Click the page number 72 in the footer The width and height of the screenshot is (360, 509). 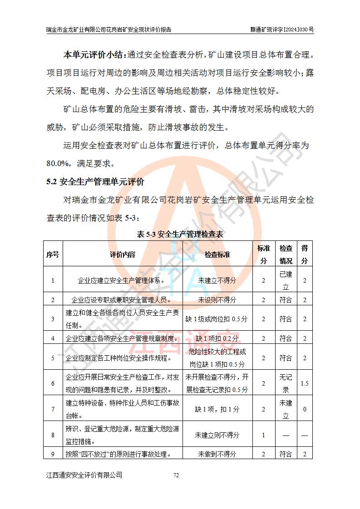click(177, 475)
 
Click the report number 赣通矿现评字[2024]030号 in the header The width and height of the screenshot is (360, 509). click(282, 29)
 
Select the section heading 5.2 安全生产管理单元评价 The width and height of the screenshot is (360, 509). click(95, 182)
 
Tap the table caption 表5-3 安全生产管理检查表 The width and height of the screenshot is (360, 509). click(180, 235)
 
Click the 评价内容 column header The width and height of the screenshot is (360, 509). click(123, 254)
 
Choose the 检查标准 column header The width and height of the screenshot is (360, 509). click(217, 254)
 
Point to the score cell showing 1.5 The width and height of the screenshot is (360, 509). click(305, 383)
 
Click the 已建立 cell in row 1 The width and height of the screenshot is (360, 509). click(286, 280)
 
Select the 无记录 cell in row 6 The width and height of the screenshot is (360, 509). click(286, 383)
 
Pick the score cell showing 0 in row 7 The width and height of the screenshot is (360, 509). click(305, 409)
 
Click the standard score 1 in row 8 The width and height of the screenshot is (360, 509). click(263, 435)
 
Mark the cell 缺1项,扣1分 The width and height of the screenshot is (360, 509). click(217, 409)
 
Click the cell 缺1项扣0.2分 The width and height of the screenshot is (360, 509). click(217, 338)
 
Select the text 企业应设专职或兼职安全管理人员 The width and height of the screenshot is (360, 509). click(122, 300)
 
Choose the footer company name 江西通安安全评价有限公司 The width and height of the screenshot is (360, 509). click(84, 475)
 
